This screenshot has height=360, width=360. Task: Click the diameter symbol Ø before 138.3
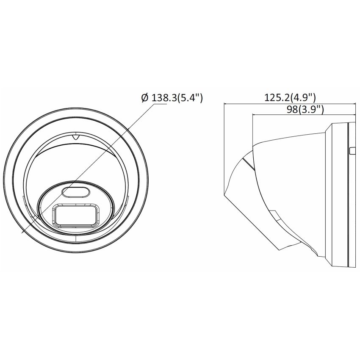144,98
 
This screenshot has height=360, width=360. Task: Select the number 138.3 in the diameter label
163,98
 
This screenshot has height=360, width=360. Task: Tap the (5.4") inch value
189,98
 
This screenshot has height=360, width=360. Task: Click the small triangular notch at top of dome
75,137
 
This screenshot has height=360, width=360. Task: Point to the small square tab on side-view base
351,151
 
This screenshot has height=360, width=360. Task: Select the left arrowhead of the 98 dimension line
253,114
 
